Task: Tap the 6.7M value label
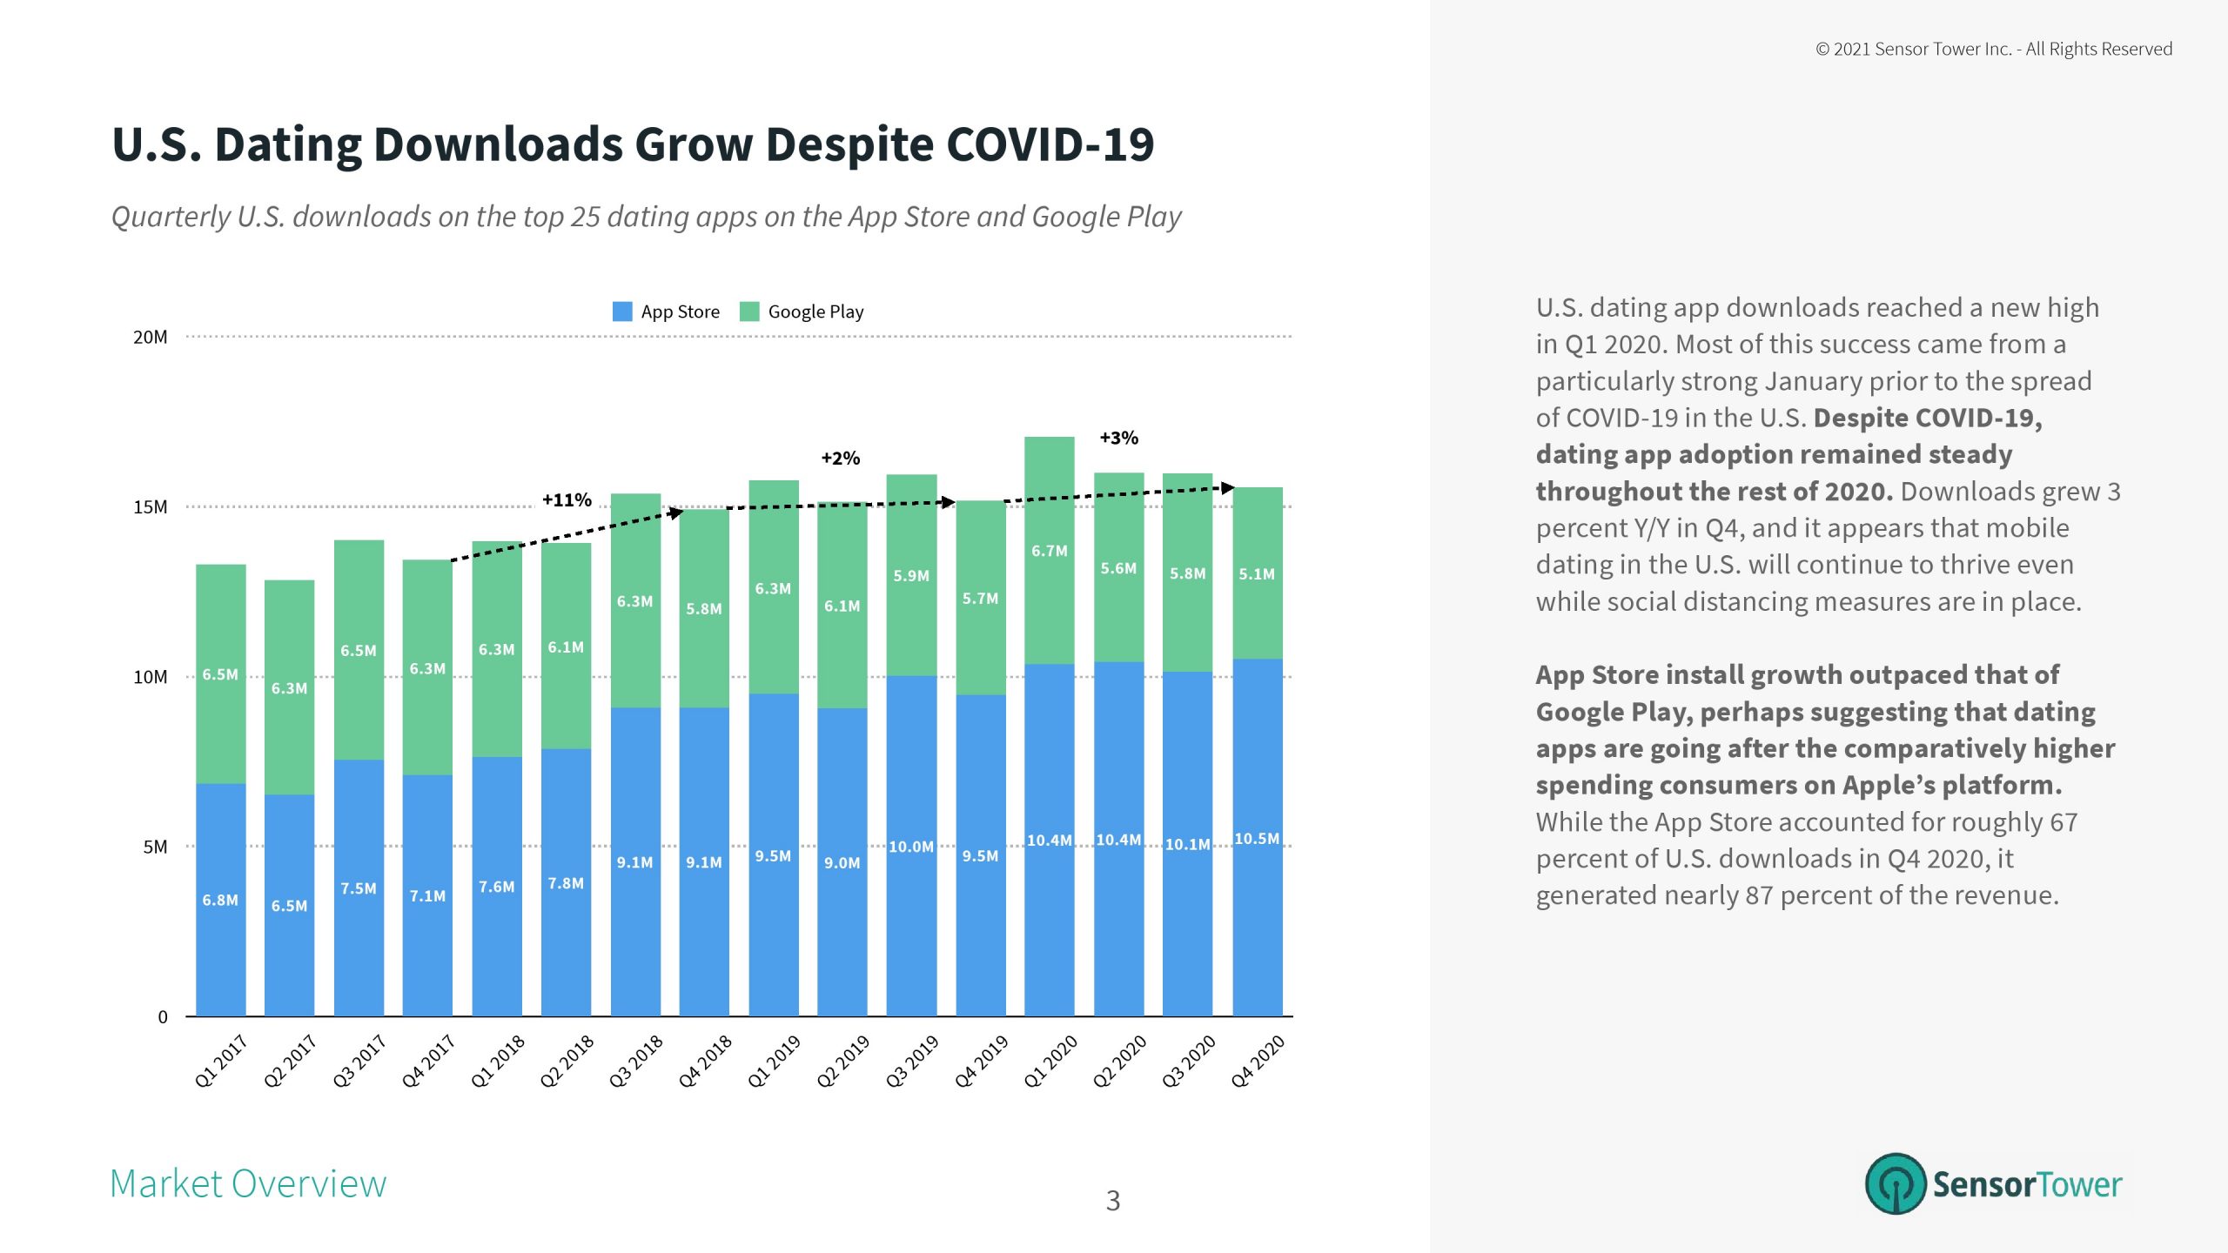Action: coord(1049,551)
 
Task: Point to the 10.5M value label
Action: coord(1257,839)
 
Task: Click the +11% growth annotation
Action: coord(567,500)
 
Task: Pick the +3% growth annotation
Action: coord(1118,438)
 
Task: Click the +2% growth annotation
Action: coord(840,459)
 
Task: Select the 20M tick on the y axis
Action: coord(150,338)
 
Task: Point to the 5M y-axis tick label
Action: coord(155,848)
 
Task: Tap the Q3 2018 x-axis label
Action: coord(636,1061)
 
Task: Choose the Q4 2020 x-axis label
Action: coord(1258,1061)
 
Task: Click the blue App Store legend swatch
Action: coord(622,312)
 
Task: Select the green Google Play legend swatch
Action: coord(749,312)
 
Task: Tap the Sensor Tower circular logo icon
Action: coord(1895,1183)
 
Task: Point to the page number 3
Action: coord(1112,1201)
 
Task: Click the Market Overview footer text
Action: coord(248,1183)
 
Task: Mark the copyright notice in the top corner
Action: coord(1993,50)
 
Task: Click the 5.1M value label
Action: coord(1257,574)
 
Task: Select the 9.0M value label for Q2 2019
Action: coord(842,863)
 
